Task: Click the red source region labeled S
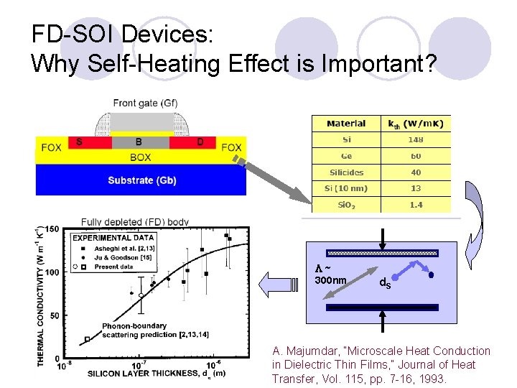79,142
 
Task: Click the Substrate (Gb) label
140,180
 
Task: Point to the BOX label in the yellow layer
141,156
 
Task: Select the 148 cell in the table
416,139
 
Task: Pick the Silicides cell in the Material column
345,172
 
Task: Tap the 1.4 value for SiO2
416,205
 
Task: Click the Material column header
345,123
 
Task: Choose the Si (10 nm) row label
345,189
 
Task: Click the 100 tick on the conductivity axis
53,273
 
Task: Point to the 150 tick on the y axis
53,229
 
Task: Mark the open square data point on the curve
88,339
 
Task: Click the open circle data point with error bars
141,295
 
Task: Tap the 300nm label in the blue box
330,280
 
